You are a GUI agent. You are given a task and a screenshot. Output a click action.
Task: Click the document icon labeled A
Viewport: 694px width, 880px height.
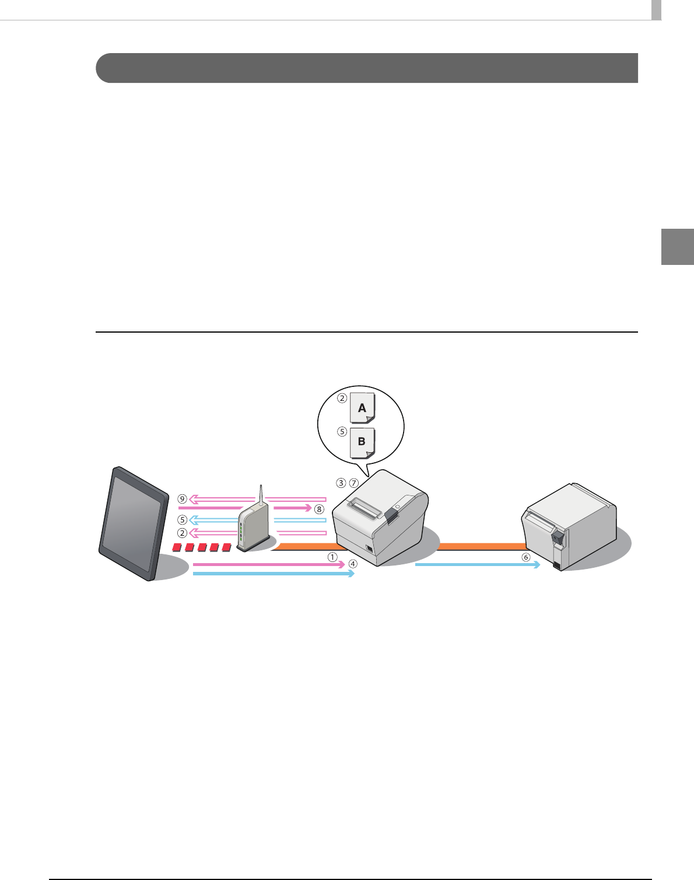click(x=362, y=408)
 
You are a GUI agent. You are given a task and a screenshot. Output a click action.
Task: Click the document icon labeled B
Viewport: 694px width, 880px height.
click(x=362, y=442)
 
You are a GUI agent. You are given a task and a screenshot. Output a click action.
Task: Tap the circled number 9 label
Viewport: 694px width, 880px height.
click(x=183, y=499)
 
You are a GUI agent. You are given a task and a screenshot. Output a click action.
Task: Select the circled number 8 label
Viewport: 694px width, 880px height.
click(x=319, y=509)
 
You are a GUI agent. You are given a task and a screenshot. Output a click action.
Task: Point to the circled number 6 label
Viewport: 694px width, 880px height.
click(x=526, y=557)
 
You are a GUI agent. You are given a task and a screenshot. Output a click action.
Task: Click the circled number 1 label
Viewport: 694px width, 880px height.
click(x=332, y=557)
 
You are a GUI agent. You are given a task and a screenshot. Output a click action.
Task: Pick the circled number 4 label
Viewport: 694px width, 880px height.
click(x=353, y=564)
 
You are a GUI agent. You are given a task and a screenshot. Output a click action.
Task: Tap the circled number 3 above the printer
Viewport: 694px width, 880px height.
click(x=341, y=483)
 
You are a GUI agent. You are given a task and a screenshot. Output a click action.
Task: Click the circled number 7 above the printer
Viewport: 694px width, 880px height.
click(x=354, y=483)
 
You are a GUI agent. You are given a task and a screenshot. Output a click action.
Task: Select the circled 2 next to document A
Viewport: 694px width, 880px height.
click(x=342, y=399)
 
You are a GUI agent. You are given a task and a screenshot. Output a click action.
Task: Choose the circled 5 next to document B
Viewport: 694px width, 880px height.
click(x=342, y=432)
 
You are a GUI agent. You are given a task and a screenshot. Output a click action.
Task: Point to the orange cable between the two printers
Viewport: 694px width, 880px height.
click(x=481, y=546)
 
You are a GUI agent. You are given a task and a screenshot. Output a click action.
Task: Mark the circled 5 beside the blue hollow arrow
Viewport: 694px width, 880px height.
click(x=183, y=519)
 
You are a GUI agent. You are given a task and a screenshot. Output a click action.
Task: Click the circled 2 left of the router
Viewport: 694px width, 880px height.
click(x=183, y=533)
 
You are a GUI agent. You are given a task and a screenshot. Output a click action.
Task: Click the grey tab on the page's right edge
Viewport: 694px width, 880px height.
click(x=678, y=247)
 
